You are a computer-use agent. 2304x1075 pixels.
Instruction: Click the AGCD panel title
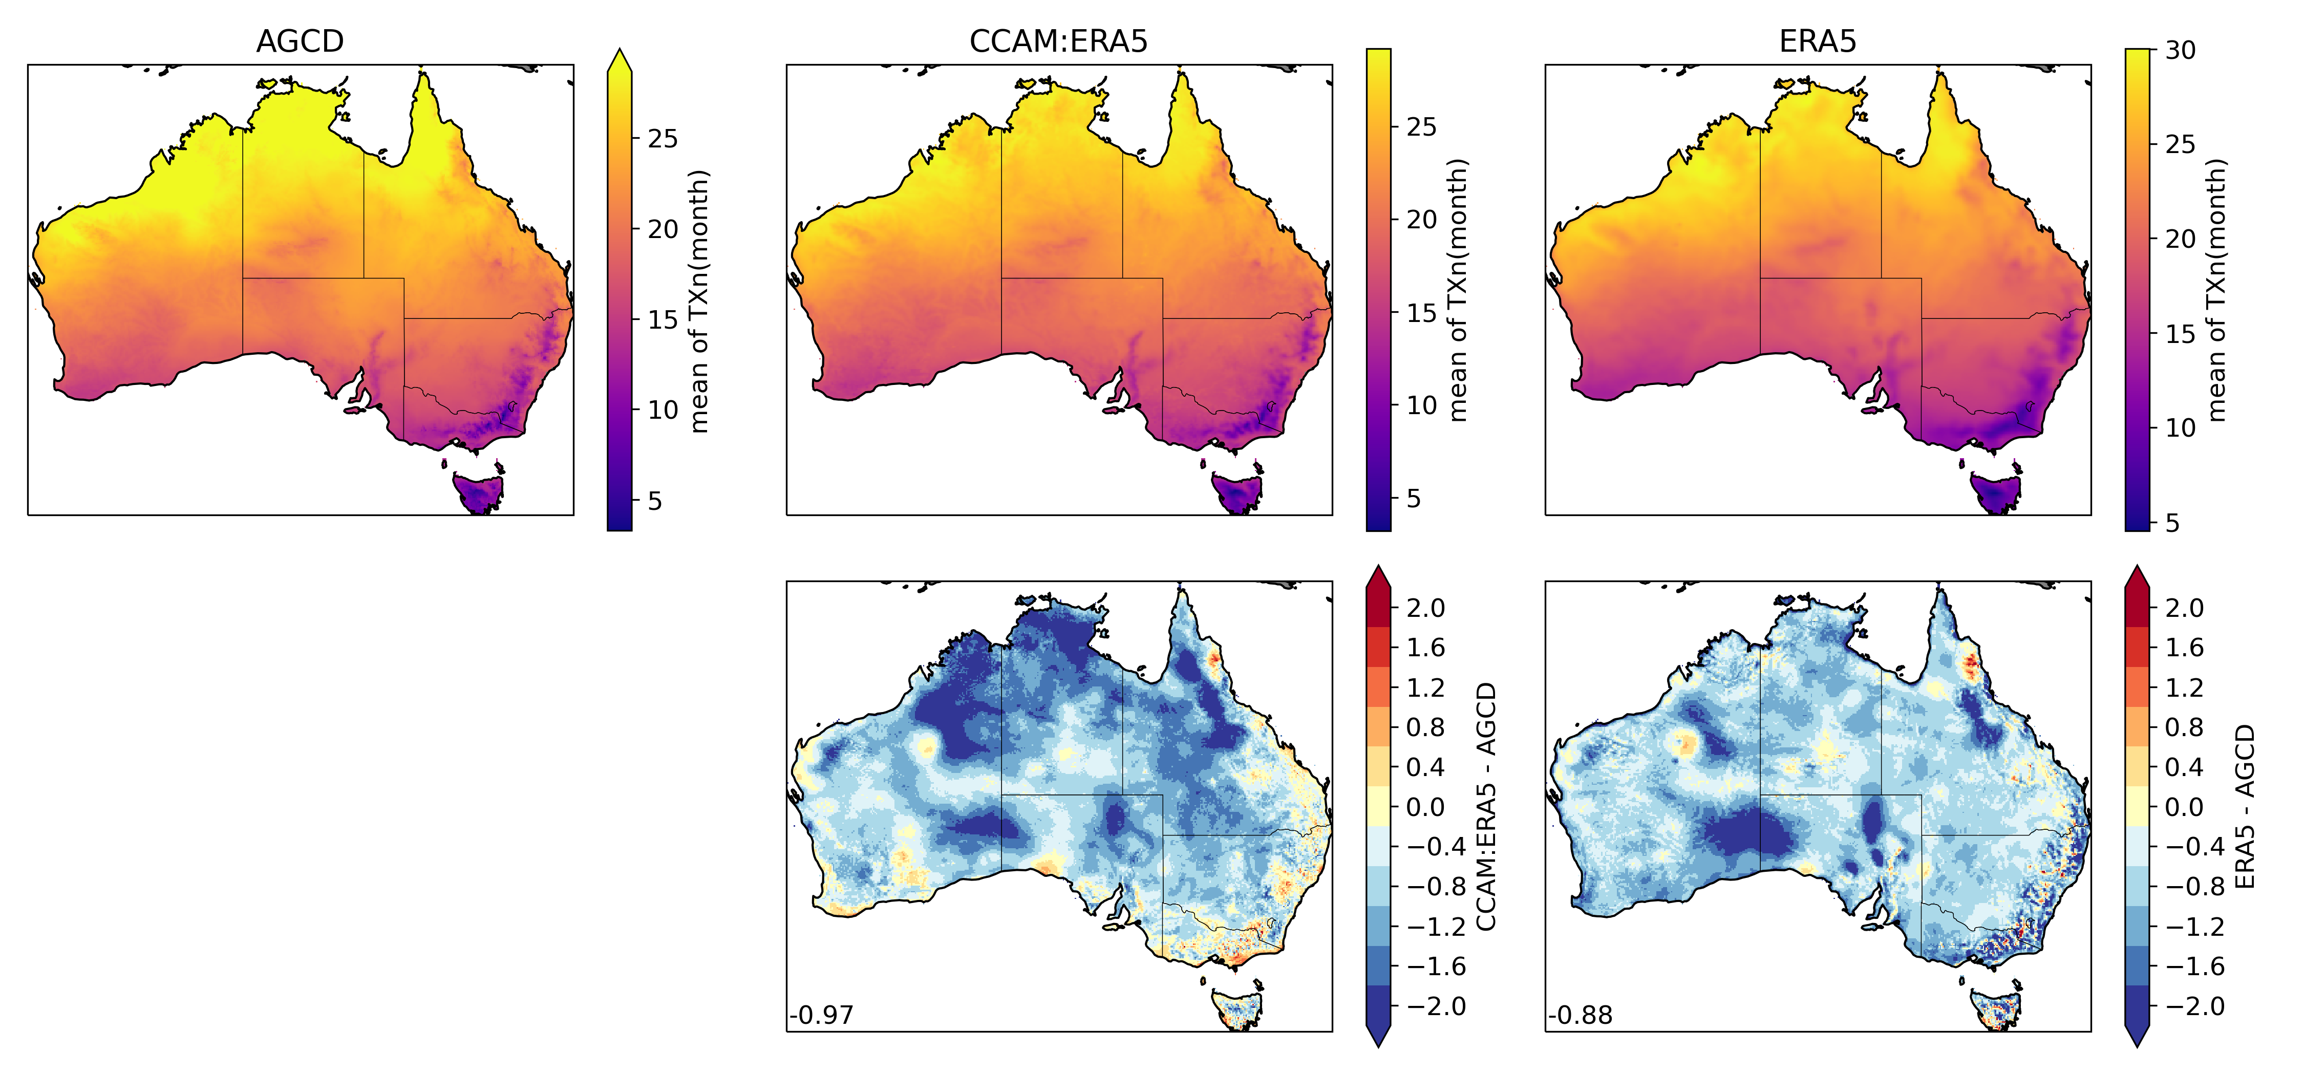(x=300, y=41)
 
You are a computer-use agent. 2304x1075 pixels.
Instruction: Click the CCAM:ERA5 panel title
(x=1058, y=41)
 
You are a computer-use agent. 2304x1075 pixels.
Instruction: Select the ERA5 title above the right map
(x=1818, y=41)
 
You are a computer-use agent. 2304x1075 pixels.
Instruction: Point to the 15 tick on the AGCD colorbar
(x=663, y=319)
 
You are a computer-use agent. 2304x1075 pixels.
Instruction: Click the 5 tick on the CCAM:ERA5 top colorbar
(x=1413, y=498)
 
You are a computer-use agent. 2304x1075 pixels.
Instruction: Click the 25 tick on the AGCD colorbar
(x=663, y=139)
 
